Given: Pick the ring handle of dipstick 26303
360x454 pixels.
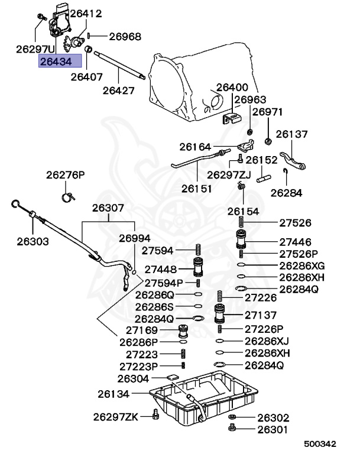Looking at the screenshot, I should (17, 205).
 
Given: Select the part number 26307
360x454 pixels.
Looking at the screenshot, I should (108, 208).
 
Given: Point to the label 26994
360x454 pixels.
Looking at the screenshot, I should (135, 238).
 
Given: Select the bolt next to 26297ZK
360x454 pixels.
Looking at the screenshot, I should (155, 416).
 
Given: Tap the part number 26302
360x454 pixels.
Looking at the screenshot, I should (273, 417).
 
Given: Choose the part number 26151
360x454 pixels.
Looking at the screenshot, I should (196, 189).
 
